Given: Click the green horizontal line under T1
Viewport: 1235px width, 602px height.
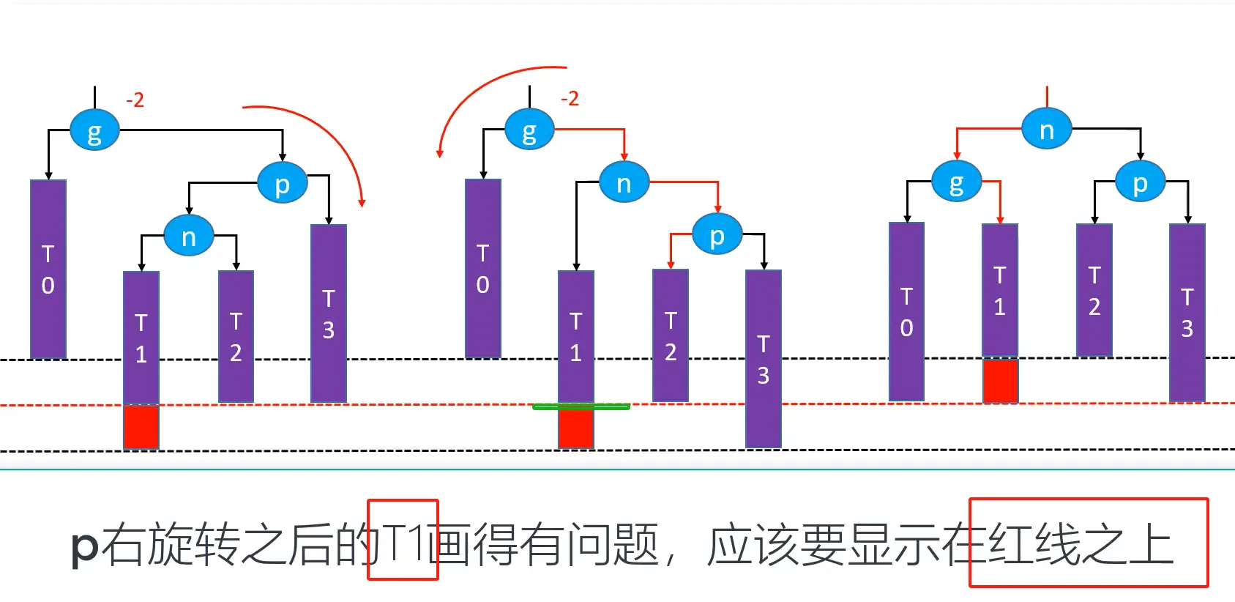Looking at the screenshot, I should click(581, 406).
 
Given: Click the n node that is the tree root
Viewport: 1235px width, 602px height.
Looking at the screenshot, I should click(1046, 130).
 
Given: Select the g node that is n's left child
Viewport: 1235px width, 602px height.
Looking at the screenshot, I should click(956, 182).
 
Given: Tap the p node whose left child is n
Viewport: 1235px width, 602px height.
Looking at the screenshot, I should click(282, 183).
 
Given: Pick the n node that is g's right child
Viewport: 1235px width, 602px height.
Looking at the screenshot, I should click(623, 182).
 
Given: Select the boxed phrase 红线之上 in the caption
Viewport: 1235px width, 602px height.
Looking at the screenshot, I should click(1088, 543).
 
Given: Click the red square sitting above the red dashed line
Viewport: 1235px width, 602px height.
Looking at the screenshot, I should click(1000, 380).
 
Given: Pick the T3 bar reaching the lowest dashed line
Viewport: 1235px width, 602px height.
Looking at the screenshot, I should click(763, 359).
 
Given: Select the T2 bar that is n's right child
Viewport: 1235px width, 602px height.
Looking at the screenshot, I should click(236, 337).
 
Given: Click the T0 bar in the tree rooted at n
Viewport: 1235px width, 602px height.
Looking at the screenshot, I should click(906, 312).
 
